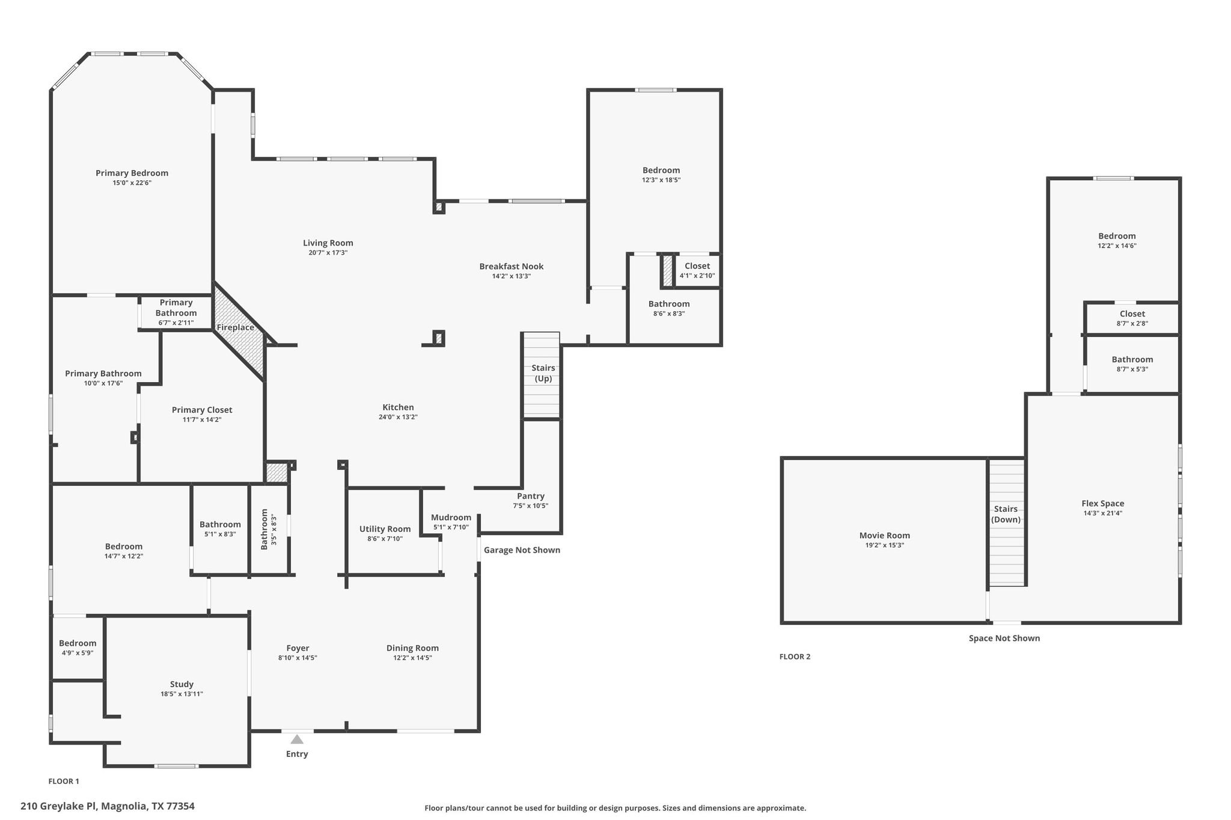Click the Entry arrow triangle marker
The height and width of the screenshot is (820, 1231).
pos(297,739)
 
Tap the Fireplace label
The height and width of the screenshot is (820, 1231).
pos(236,327)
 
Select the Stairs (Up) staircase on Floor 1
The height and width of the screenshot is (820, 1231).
pos(542,375)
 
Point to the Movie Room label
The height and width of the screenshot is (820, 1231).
pos(884,535)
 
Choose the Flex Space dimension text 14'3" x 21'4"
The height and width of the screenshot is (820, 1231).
pos(1102,513)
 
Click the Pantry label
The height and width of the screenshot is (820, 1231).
pos(531,496)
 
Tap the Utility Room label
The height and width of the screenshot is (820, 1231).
pos(385,529)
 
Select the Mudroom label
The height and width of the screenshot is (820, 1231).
pos(451,517)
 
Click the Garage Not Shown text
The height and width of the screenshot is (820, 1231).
pos(522,550)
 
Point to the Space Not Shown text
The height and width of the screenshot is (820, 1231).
pos(1004,638)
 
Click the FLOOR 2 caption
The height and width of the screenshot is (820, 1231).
pos(795,657)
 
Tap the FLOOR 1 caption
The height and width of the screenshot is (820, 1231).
pos(64,781)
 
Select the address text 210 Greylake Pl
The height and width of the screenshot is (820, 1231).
pos(58,806)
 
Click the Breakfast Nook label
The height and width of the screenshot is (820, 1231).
pos(512,266)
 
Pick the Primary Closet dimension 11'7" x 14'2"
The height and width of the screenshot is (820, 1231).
pos(202,419)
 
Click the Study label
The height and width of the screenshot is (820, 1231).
pos(182,684)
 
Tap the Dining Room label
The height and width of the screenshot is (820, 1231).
pos(412,648)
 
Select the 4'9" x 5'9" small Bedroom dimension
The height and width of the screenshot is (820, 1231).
pos(78,653)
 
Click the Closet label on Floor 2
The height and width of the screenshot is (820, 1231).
pos(1132,314)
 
